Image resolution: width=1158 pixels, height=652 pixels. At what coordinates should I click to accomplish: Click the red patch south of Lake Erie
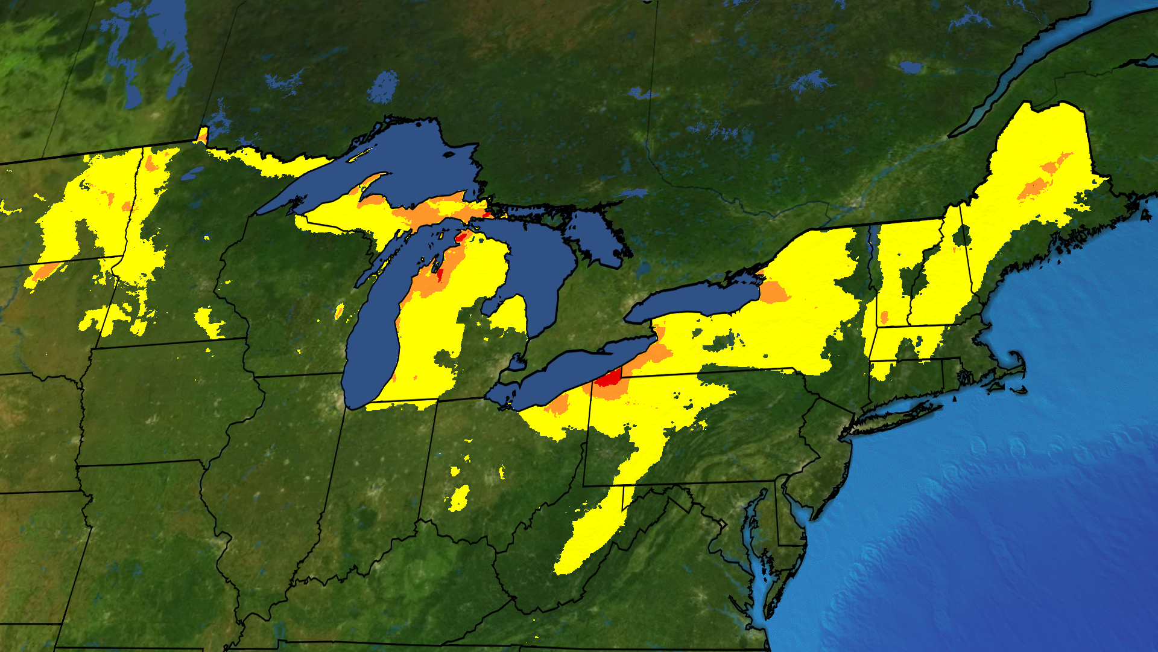pyautogui.click(x=609, y=379)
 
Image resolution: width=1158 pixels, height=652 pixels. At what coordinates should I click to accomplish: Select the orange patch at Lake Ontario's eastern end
pyautogui.click(x=774, y=293)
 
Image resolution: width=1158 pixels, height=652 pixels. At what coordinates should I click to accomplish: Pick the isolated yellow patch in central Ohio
pyautogui.click(x=460, y=498)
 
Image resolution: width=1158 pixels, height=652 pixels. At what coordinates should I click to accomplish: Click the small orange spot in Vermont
pyautogui.click(x=884, y=317)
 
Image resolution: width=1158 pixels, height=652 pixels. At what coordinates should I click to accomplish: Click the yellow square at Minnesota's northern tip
pyautogui.click(x=202, y=134)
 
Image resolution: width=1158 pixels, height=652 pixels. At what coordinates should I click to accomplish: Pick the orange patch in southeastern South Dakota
pyautogui.click(x=45, y=272)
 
